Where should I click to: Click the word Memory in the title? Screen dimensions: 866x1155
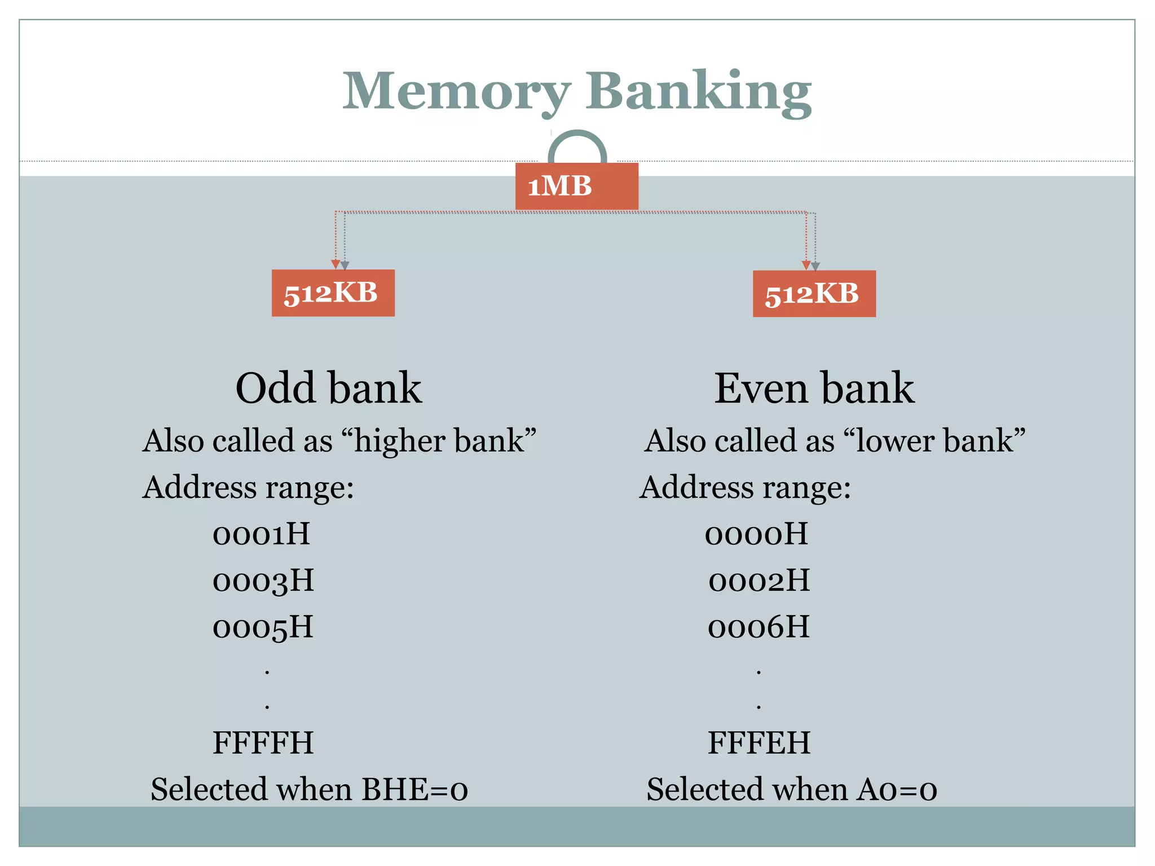point(457,91)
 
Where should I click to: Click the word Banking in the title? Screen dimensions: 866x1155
point(698,91)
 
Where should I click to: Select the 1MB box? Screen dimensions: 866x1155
point(576,186)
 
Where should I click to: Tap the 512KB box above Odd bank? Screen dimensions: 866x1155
point(333,293)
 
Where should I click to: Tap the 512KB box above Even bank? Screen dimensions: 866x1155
point(814,294)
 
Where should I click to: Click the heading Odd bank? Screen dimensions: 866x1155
point(328,388)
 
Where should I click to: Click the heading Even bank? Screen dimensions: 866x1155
point(814,388)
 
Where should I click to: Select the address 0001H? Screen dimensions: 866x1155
point(261,534)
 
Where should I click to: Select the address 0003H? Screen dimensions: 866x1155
point(263,581)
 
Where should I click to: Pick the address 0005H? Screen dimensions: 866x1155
point(263,628)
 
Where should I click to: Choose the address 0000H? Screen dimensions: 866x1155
point(756,534)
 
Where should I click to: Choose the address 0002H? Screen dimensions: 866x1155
point(759,581)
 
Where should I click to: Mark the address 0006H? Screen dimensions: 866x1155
point(759,628)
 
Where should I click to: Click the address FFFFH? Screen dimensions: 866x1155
point(263,743)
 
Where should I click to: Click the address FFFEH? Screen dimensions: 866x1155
point(759,743)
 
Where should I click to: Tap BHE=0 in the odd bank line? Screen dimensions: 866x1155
point(415,789)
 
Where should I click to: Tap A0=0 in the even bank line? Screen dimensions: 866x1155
point(897,789)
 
